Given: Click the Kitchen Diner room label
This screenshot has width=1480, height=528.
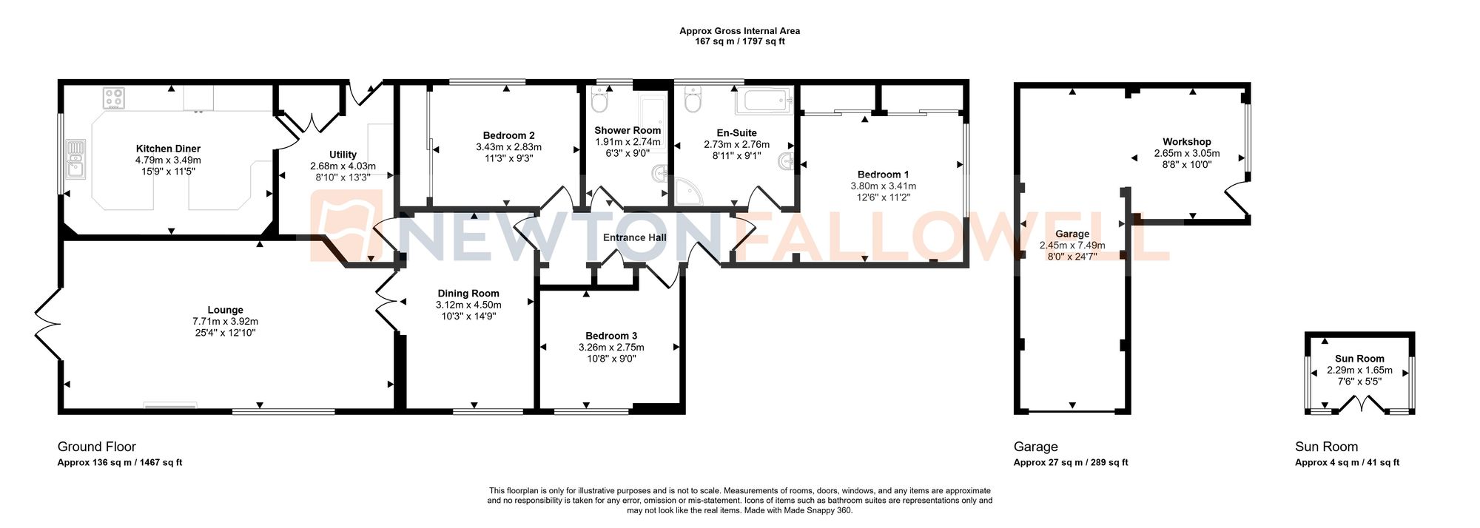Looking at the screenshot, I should click(x=168, y=149).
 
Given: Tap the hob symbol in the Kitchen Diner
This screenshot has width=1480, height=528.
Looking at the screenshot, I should click(x=114, y=98).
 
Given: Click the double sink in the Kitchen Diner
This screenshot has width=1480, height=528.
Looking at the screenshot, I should click(x=75, y=159).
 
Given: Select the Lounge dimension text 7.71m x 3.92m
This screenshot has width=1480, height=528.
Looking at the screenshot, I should click(x=225, y=322).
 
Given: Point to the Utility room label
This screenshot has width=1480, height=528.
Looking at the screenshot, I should click(x=343, y=155).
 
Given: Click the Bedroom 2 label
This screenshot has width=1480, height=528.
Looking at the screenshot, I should click(x=508, y=135).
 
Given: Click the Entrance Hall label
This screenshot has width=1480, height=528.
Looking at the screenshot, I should click(x=634, y=237).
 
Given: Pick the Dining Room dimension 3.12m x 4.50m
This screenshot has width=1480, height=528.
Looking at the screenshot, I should click(x=468, y=305).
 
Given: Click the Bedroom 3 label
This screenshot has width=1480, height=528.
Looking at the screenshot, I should click(x=610, y=336).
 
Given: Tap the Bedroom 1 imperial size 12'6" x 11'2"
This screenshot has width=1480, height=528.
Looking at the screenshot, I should click(x=883, y=197).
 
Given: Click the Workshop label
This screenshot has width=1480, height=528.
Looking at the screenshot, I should click(x=1186, y=142).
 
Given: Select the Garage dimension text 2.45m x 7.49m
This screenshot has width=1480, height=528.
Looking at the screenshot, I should click(x=1072, y=246).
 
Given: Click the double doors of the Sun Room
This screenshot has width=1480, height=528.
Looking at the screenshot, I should click(x=1360, y=405).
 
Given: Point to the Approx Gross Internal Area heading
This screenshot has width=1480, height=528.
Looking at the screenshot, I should click(x=739, y=31).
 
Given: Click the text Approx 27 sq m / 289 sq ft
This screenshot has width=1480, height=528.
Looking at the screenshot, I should click(x=1070, y=463).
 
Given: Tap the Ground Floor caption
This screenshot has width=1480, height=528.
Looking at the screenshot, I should click(x=97, y=447).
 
